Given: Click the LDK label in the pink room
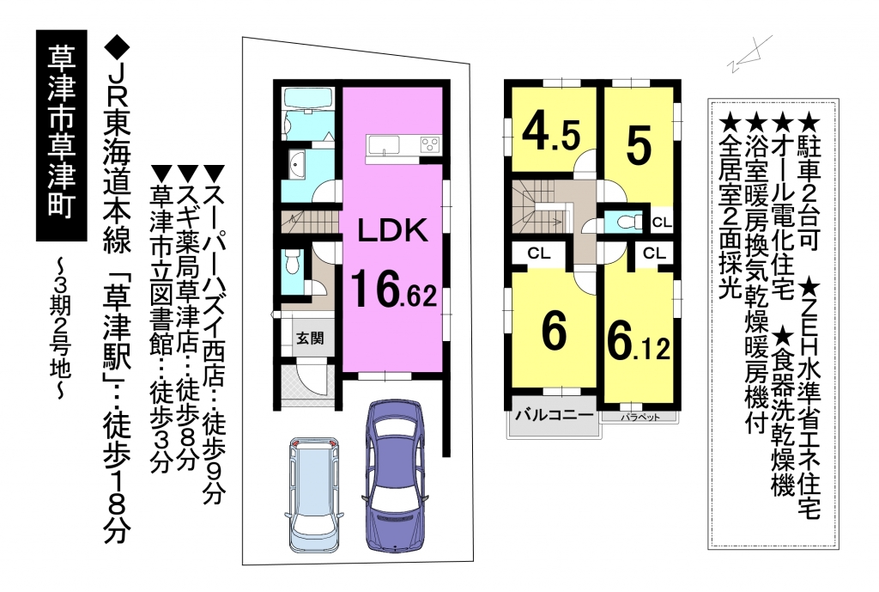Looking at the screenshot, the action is click(x=392, y=230).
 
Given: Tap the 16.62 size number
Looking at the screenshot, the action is click(x=393, y=289).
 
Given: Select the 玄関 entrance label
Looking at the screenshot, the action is click(x=309, y=339).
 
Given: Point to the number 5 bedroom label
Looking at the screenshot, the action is click(x=639, y=145).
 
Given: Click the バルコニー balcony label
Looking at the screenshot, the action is click(x=554, y=416).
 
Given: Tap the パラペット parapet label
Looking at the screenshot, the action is click(x=640, y=418).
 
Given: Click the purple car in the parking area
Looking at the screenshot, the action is click(x=393, y=475).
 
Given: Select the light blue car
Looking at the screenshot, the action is click(x=314, y=494).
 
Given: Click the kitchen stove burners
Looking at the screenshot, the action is click(x=431, y=144).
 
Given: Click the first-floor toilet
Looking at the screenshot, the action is click(x=292, y=261).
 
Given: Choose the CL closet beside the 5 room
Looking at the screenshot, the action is click(x=662, y=223).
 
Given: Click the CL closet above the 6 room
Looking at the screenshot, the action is click(x=539, y=253).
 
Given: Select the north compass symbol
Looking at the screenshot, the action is click(x=750, y=54).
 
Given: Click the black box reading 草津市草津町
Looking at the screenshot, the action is click(x=62, y=136).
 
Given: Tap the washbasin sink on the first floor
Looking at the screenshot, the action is click(x=297, y=164).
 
